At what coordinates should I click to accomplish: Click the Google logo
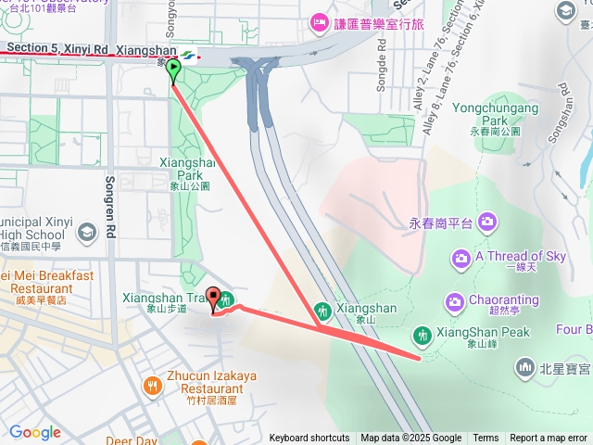coord(35,432)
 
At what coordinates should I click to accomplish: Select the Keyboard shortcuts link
coord(309,439)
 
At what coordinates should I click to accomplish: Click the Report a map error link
coord(549,439)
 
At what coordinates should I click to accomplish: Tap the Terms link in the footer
coord(486,439)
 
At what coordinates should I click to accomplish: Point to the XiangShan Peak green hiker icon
coord(423,334)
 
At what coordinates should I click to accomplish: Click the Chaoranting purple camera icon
coord(454,301)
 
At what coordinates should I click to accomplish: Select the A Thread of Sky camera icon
coord(461,257)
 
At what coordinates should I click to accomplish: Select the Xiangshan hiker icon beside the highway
coord(322,310)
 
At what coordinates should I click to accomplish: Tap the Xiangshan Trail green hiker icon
coord(228,299)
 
